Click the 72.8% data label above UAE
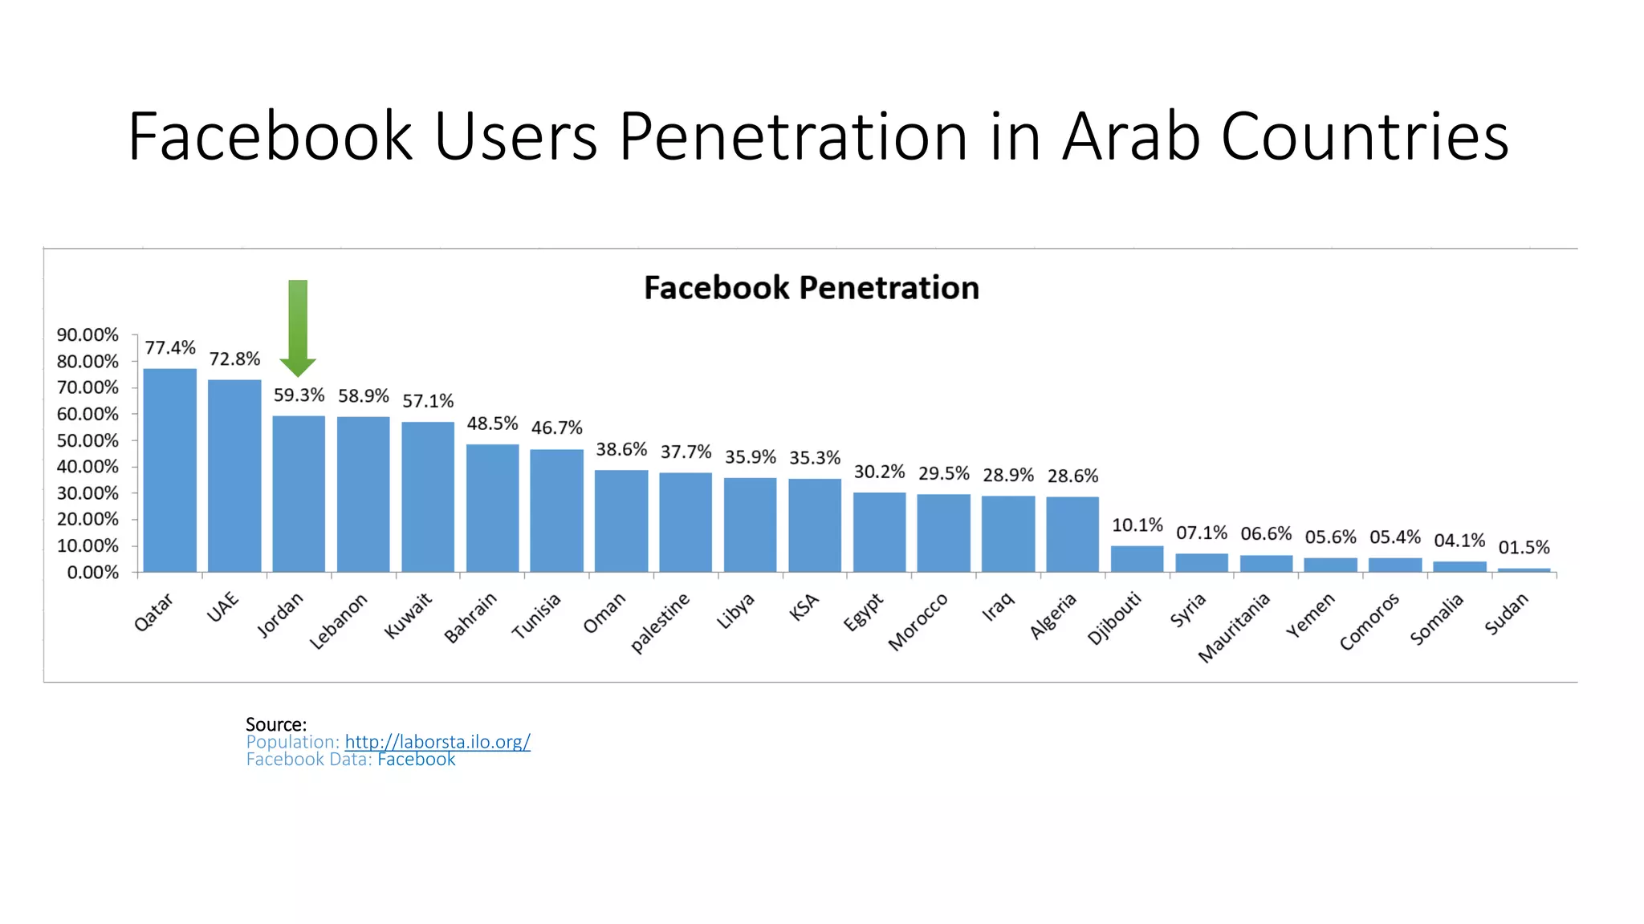[234, 359]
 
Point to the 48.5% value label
[492, 423]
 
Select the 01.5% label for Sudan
[1524, 547]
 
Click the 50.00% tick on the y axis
[87, 440]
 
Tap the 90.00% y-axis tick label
[87, 334]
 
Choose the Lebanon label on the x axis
[339, 621]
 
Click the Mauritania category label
[1234, 627]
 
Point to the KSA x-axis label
[804, 607]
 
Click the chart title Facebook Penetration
[812, 288]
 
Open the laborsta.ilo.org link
[437, 742]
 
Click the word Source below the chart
[275, 724]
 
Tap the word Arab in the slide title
[1130, 136]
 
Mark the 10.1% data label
[1137, 525]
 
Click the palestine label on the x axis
[660, 623]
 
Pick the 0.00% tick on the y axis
[92, 573]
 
